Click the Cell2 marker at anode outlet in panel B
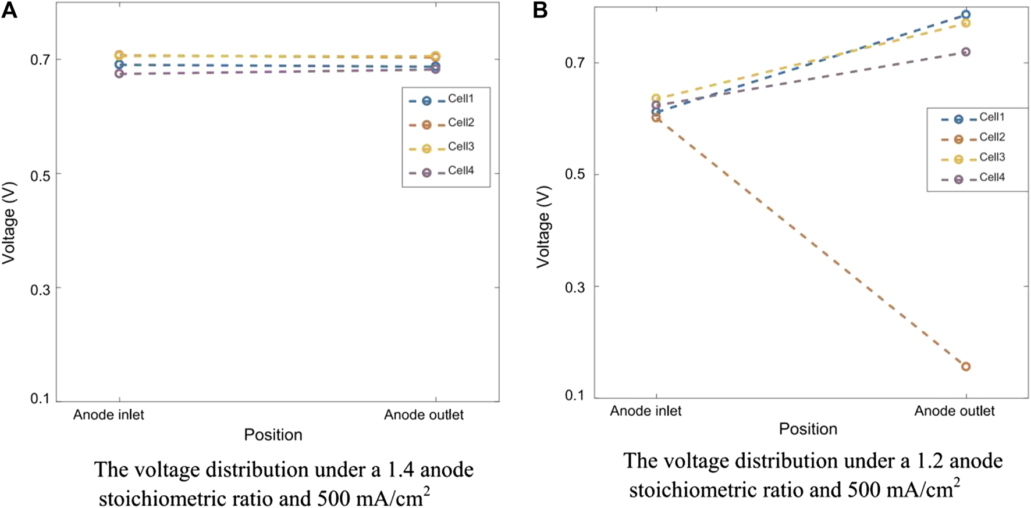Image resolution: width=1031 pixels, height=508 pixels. point(966,367)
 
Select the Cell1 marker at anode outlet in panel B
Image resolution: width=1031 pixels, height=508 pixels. point(966,15)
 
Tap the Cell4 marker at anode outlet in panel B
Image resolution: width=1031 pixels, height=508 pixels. point(966,52)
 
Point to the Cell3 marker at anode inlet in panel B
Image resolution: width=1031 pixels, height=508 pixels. point(656,98)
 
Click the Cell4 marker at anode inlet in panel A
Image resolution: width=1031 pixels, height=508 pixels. point(119,74)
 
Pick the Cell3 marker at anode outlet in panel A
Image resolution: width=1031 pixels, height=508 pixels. point(435,56)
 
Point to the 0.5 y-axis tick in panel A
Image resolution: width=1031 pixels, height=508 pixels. point(41,175)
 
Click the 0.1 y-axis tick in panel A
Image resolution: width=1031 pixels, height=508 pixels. point(41,399)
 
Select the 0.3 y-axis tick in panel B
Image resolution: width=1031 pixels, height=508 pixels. point(575,287)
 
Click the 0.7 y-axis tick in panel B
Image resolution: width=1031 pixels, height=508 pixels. point(575,63)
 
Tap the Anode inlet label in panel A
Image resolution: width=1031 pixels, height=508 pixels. point(108,415)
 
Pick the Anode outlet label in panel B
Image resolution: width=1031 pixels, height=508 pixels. point(954,412)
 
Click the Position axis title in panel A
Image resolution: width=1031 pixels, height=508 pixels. point(273,435)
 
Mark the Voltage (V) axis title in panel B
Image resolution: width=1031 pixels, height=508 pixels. point(543,227)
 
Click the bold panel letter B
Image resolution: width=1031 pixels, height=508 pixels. point(540,10)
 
